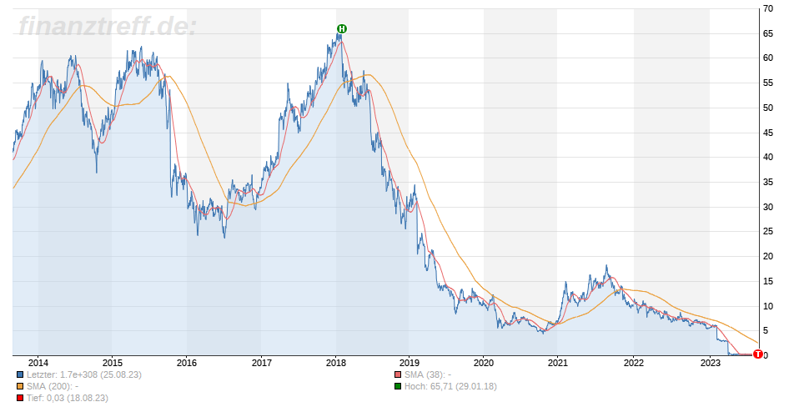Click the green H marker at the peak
tap(341, 29)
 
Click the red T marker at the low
tap(757, 354)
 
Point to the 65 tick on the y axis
tap(766, 33)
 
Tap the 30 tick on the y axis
tap(766, 207)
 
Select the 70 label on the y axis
tap(766, 8)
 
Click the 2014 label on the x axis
tap(38, 363)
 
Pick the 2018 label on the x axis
tap(336, 363)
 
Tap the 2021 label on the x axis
tap(559, 363)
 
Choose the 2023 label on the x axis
tap(710, 363)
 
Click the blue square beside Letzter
tap(20, 374)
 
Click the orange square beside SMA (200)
tap(20, 386)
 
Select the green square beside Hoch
tap(399, 386)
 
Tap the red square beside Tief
tap(20, 398)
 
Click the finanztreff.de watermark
tap(107, 27)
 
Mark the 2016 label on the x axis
tap(187, 363)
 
